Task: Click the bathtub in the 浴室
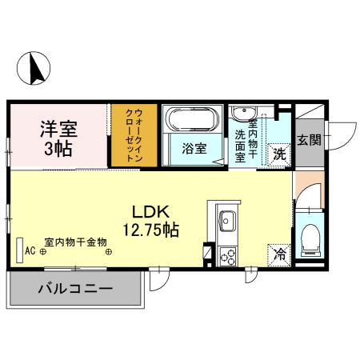[191, 119]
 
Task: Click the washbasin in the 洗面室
[242, 113]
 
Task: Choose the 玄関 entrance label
[309, 141]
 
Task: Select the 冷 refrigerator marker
[280, 255]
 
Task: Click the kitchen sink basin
[226, 218]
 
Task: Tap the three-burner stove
[226, 257]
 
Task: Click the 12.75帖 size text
[150, 231]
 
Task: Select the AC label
[30, 250]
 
